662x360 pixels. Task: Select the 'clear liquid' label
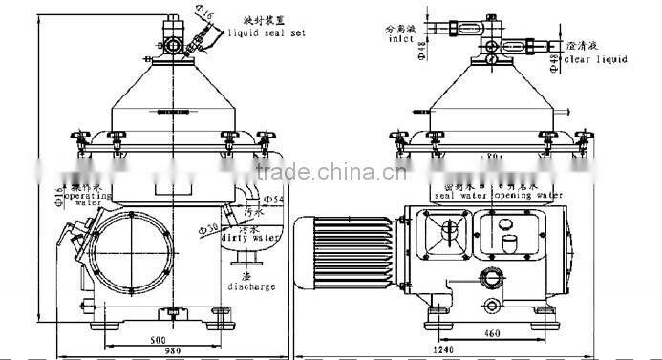[x=596, y=59]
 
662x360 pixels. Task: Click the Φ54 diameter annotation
[x=272, y=198]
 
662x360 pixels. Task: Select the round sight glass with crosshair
[x=447, y=232]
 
